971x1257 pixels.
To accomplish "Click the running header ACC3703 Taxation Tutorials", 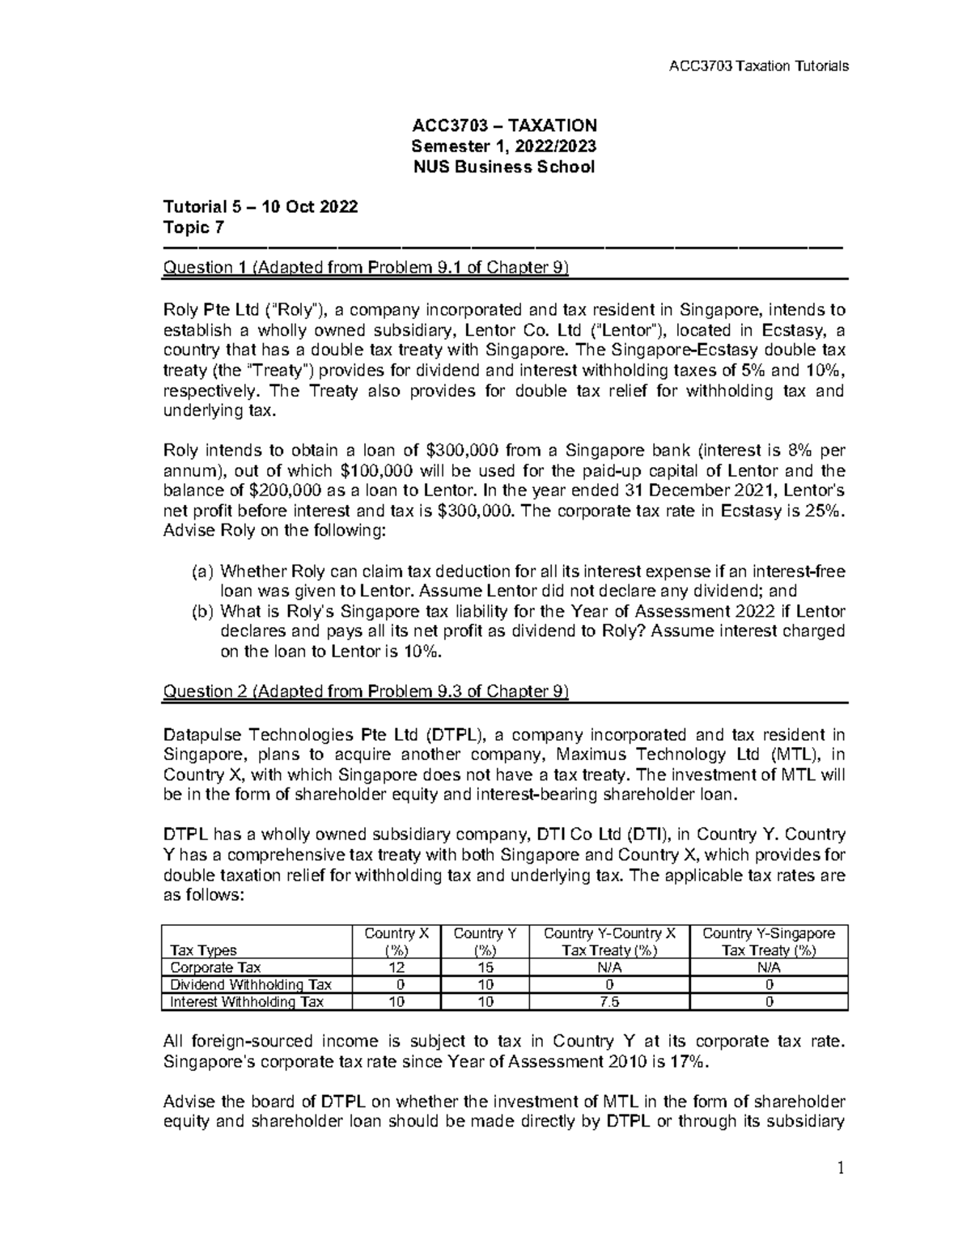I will (x=755, y=66).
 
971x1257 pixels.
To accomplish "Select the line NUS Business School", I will (x=503, y=168).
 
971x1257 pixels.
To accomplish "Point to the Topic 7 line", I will (x=193, y=227).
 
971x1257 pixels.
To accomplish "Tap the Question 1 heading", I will (x=367, y=268).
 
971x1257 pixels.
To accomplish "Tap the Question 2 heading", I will (x=367, y=691).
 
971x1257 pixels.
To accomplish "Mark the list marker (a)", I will (x=202, y=571).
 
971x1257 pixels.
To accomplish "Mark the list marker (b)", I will (x=202, y=611).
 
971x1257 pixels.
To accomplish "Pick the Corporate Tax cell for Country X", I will (x=396, y=968).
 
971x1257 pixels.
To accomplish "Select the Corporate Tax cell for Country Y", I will (x=485, y=968).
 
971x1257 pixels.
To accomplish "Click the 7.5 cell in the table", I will (x=608, y=1002).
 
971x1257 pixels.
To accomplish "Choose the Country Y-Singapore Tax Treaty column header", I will (x=769, y=941).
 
